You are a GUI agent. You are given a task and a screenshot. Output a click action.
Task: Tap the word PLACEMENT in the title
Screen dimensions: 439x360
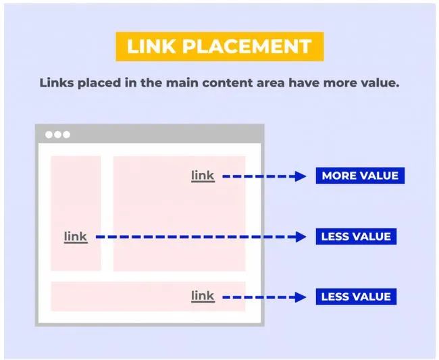coord(247,46)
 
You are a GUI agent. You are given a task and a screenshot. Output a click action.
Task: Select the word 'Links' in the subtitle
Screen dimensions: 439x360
coord(57,83)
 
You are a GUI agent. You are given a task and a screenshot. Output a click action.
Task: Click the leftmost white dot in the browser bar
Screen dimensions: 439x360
coord(49,134)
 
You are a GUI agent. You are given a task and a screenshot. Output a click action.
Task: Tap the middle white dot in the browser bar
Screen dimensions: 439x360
coord(57,134)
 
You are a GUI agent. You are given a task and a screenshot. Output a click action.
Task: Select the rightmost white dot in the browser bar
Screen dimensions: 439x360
coord(67,134)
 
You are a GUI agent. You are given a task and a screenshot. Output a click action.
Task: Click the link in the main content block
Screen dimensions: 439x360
coord(203,176)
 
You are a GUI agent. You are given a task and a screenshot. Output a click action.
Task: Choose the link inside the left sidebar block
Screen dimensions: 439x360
coord(76,237)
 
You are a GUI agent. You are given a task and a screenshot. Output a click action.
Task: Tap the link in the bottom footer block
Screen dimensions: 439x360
coord(203,297)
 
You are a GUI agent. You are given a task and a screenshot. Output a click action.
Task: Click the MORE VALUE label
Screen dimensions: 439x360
coord(360,176)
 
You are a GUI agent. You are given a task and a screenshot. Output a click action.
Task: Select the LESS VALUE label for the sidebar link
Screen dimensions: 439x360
coord(356,236)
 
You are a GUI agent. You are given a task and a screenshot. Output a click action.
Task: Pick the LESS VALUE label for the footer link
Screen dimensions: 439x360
coord(356,297)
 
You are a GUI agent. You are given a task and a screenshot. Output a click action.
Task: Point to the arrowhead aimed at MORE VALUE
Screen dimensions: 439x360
coord(301,176)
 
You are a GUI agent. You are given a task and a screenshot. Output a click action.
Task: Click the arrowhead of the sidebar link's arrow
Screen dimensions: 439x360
coord(301,237)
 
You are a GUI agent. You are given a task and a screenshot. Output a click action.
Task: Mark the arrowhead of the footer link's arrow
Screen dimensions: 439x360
coord(301,297)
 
